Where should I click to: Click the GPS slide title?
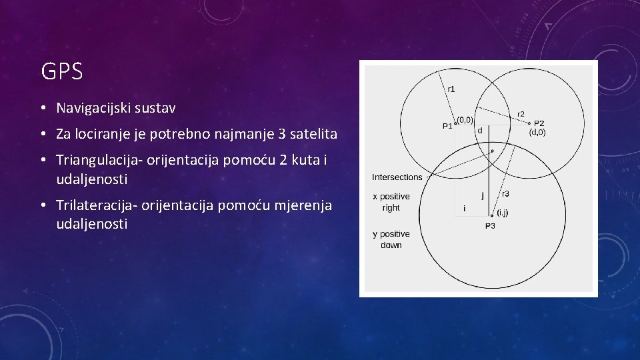[x=62, y=71]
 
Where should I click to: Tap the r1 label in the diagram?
[x=451, y=89]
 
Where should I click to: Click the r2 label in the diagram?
[x=521, y=114]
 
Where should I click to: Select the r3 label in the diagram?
[x=506, y=194]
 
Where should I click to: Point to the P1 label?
[x=447, y=125]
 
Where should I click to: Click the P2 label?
[x=539, y=123]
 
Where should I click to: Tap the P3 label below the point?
[x=490, y=226]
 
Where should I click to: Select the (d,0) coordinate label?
[x=537, y=133]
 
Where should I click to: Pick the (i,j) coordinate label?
[x=503, y=213]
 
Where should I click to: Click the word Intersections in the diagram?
[x=397, y=177]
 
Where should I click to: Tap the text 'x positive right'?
[x=391, y=202]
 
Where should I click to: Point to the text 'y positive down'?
[x=391, y=239]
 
